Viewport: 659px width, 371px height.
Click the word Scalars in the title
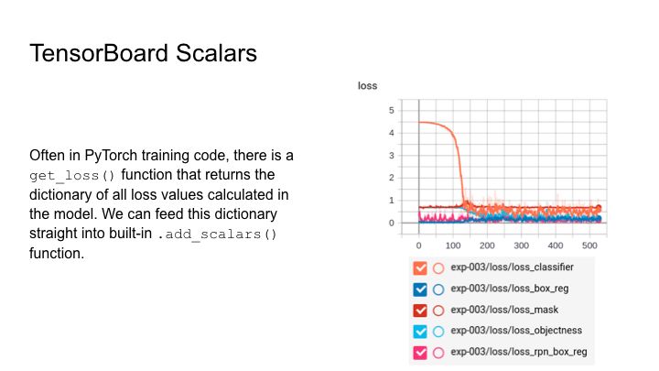216,53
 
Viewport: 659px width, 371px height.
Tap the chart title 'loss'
367,86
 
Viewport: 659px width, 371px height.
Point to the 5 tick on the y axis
392,110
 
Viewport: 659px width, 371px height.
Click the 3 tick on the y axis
392,156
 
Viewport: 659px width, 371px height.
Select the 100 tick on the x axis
453,246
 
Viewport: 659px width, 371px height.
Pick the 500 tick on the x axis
589,246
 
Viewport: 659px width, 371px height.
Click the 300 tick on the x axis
521,246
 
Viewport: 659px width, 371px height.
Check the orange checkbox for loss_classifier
420,267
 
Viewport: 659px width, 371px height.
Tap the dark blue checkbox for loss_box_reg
420,289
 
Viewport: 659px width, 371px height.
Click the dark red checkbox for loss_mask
420,311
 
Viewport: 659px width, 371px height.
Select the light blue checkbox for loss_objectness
420,332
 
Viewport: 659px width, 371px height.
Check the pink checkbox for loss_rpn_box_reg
420,353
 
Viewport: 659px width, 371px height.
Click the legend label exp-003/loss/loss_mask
504,310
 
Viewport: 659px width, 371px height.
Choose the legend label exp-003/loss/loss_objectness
516,331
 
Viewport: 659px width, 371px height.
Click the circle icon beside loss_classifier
438,267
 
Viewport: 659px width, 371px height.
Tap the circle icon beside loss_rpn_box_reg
438,353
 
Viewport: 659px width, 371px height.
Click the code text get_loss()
72,175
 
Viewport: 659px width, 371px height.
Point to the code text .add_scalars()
217,234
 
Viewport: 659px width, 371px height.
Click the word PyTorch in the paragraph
111,156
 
